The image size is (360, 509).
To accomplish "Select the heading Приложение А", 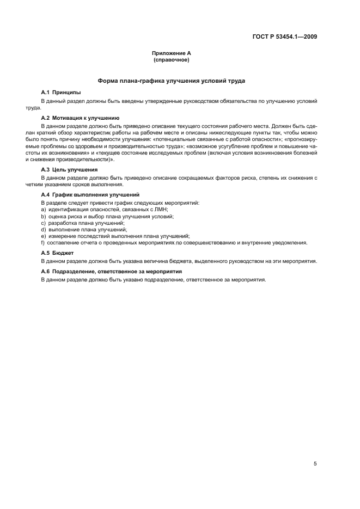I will pos(172,53).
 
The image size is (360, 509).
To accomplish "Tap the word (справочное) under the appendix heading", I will pos(172,60).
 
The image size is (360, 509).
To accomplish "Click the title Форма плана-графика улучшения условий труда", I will pos(172,81).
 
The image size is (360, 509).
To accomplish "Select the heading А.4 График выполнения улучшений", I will pos(90,194).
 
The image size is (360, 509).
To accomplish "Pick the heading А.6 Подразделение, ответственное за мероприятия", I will pos(112,271).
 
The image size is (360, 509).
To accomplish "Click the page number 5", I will pos(315,449).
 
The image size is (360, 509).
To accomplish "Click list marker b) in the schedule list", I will pos(43,216).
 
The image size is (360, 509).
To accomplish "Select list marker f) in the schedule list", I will pos(43,243).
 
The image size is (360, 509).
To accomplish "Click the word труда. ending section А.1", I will pos(48,107).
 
